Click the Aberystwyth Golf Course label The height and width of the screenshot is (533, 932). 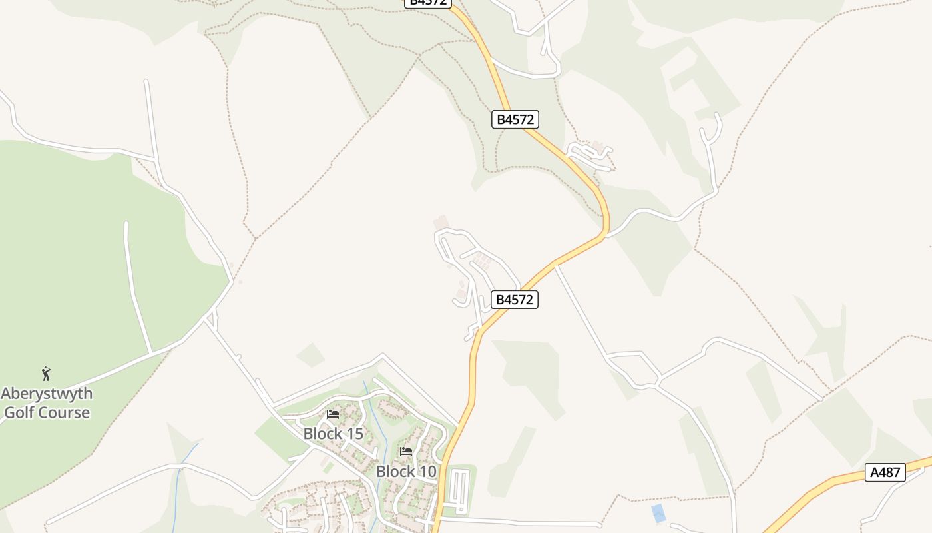point(47,402)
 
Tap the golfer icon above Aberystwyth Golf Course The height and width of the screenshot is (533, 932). point(46,374)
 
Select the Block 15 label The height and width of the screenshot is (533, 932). point(333,434)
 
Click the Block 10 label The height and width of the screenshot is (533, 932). point(406,472)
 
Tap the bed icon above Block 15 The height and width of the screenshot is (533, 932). point(333,414)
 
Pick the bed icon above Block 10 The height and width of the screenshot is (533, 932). point(406,452)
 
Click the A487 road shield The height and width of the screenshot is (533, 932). point(885,472)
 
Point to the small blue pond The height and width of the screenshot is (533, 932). point(658,513)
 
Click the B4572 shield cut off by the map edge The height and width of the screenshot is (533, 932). point(427,3)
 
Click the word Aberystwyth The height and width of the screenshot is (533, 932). point(47,393)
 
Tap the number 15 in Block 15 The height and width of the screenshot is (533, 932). point(353,434)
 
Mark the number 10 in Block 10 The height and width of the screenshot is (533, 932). point(426,472)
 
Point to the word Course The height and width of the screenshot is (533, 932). point(65,412)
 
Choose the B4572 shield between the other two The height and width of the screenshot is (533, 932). point(515,119)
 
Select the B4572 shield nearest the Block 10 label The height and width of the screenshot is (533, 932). point(514,300)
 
